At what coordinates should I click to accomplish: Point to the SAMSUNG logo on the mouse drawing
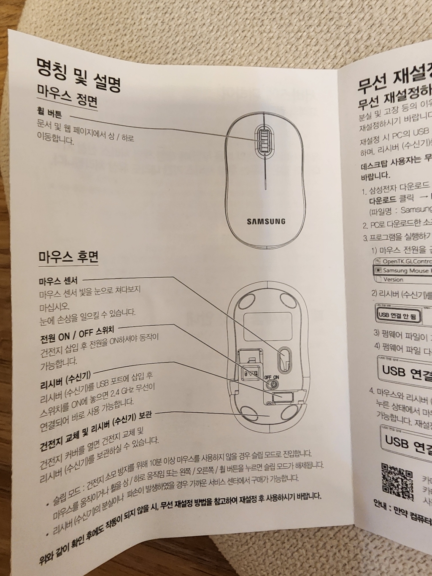pos(266,221)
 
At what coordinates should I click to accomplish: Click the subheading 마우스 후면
pos(68,256)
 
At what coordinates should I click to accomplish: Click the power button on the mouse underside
pos(273,384)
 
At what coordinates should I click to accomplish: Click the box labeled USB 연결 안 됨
pos(398,315)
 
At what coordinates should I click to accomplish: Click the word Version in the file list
pos(393,279)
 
